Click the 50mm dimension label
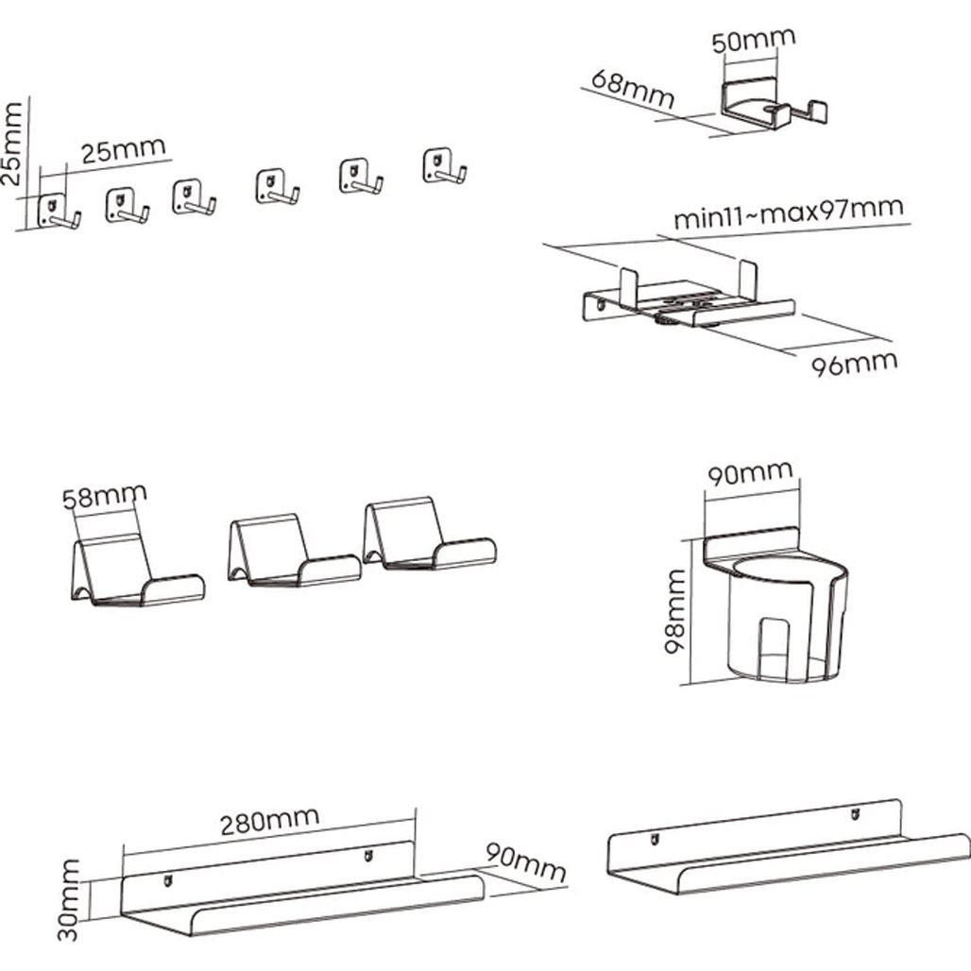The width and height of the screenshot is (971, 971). [x=753, y=41]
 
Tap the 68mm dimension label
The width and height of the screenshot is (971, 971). [x=633, y=87]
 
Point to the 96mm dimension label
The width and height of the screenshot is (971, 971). [x=855, y=362]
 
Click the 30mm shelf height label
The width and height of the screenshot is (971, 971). [x=69, y=898]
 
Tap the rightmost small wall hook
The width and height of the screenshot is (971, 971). [x=444, y=167]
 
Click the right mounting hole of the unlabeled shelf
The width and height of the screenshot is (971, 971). [x=855, y=811]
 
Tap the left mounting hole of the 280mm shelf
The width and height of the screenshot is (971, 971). [x=169, y=881]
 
